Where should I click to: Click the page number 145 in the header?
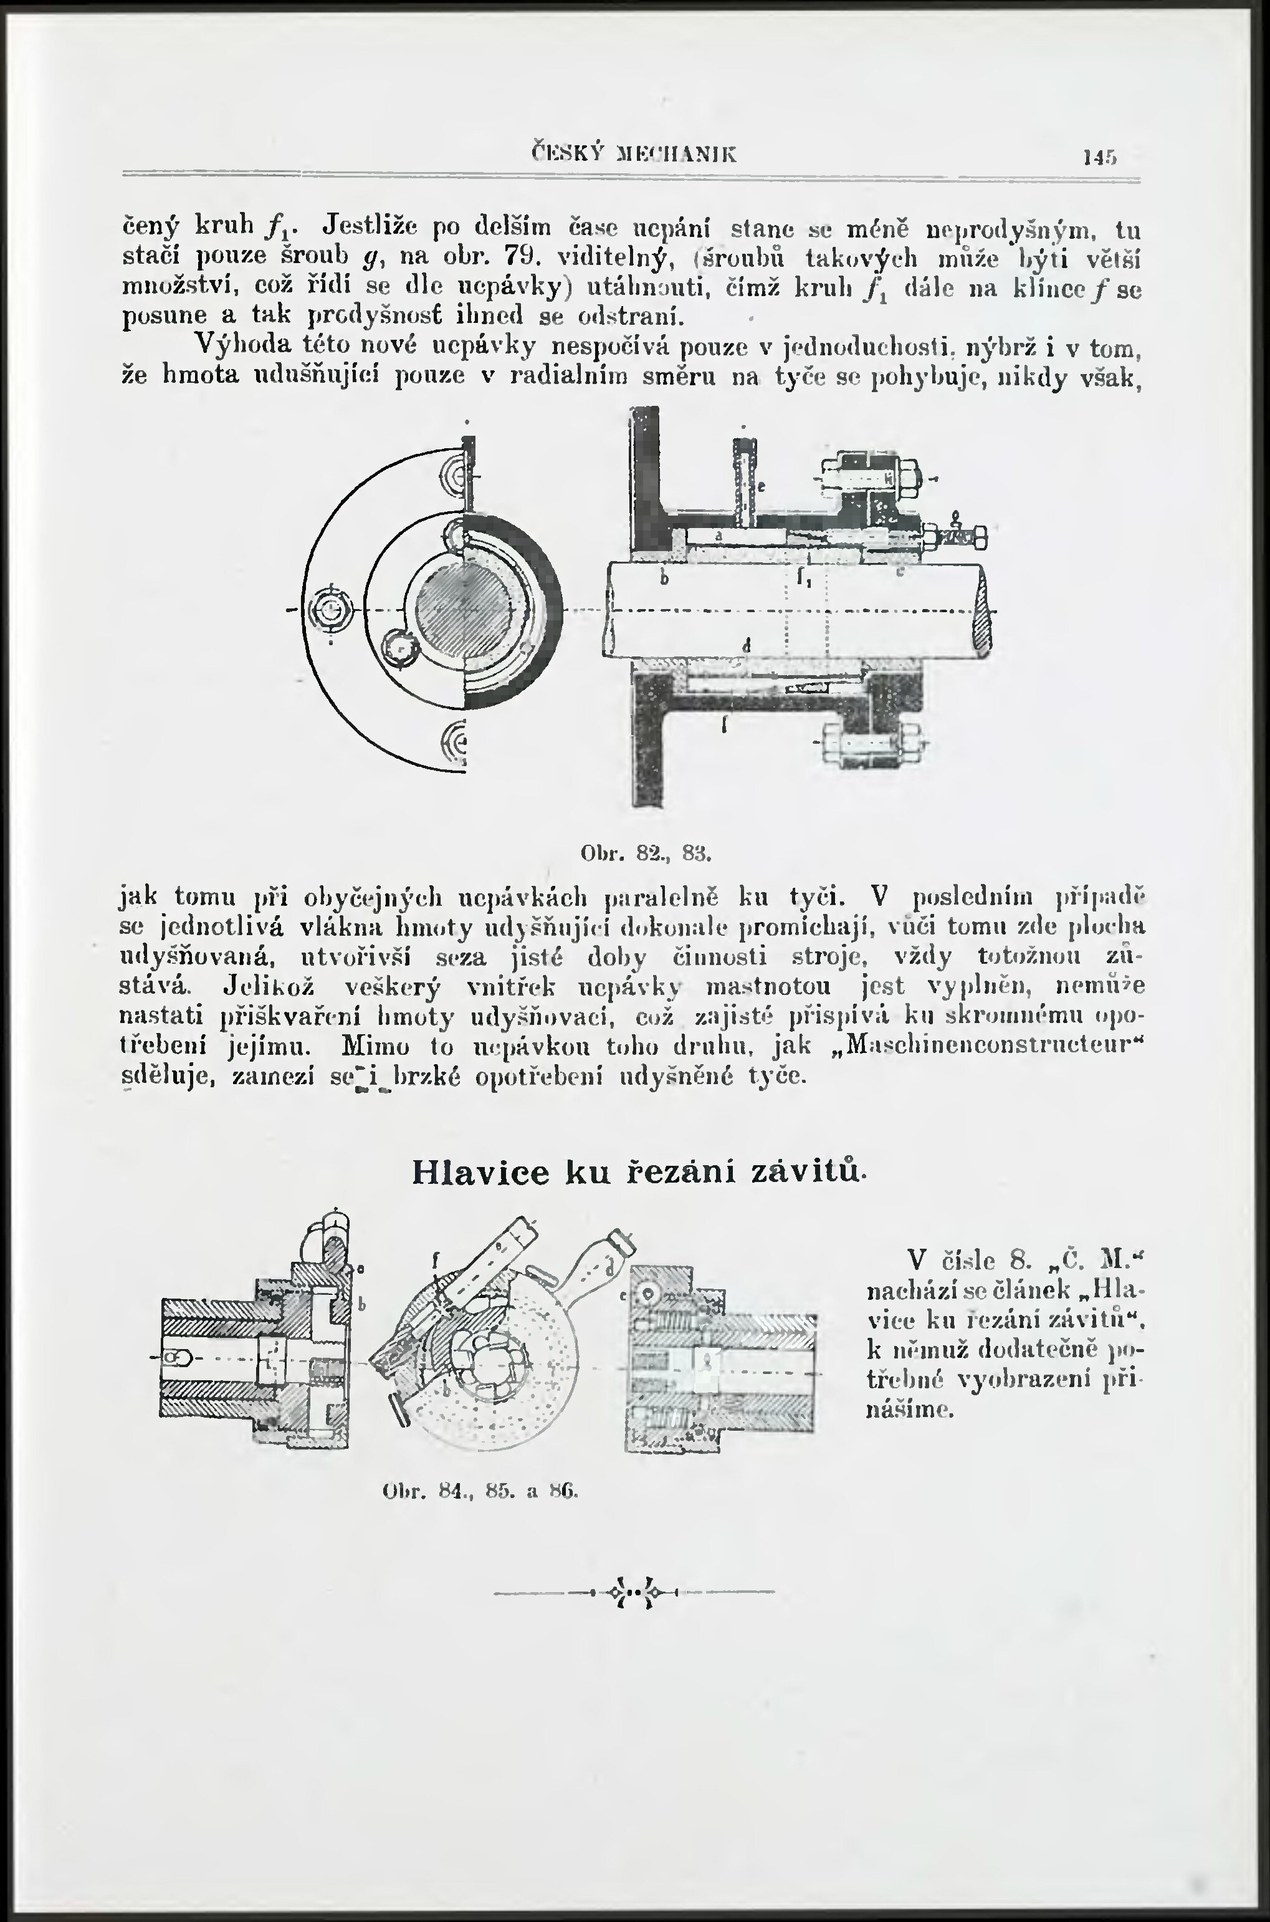(x=1100, y=156)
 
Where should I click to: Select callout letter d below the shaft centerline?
(x=746, y=646)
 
